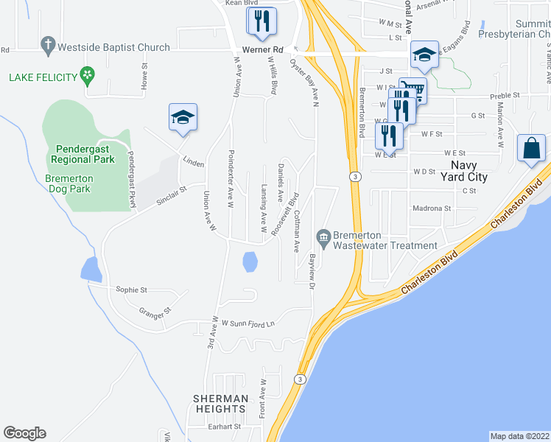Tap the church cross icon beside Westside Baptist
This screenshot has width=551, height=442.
click(x=49, y=46)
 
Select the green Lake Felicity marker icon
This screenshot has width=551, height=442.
click(x=88, y=74)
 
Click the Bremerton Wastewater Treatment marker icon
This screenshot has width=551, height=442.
click(x=323, y=236)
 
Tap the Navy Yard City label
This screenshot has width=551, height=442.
click(x=468, y=171)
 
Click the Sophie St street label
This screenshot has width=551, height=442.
click(x=132, y=290)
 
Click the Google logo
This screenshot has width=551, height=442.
click(x=24, y=433)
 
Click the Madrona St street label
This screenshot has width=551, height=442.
click(x=431, y=208)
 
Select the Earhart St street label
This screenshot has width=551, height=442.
click(x=224, y=427)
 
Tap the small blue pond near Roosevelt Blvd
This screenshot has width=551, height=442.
click(x=250, y=262)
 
